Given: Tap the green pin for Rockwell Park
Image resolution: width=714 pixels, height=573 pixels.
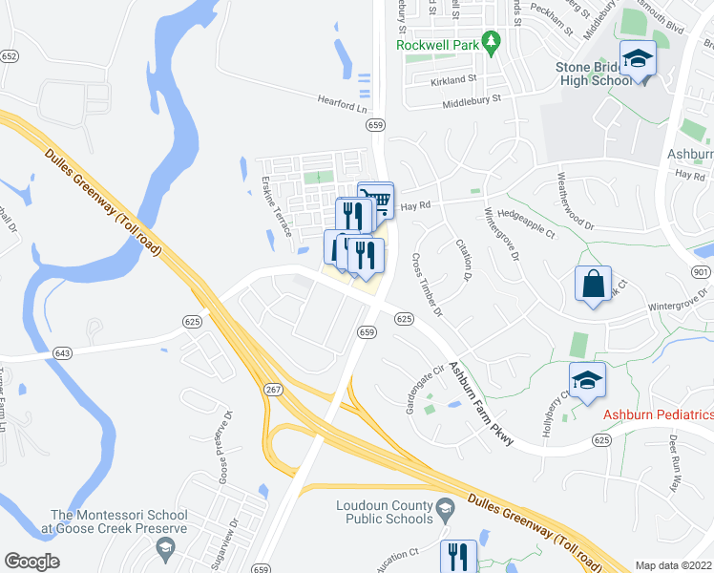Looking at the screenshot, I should (492, 42).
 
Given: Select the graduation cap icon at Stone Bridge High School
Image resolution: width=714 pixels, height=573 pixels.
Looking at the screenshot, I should (638, 60).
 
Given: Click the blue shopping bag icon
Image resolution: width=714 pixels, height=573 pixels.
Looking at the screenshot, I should (593, 285).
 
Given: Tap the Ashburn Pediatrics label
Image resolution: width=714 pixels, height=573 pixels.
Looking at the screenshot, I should (658, 414).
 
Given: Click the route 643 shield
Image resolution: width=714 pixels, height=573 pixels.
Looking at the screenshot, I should (63, 353).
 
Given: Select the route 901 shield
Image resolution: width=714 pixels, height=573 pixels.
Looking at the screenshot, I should (702, 271).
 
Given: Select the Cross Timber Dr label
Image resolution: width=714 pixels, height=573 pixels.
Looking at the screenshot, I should (427, 285).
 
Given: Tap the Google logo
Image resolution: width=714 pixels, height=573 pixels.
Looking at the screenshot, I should (31, 561).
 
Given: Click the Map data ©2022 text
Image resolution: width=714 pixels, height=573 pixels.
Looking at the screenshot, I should (674, 565).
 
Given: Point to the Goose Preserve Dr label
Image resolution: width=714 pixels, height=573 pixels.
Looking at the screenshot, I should (226, 447).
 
